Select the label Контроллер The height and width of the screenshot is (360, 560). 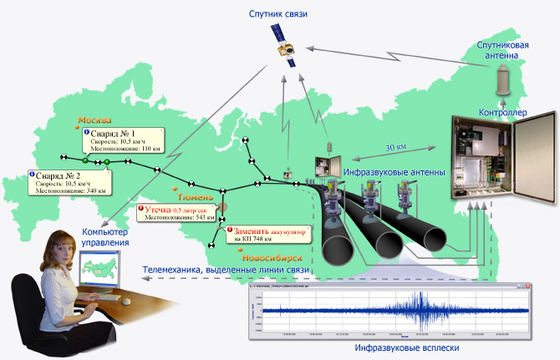point(502,110)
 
